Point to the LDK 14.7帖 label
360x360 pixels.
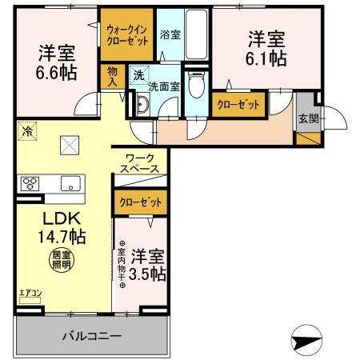pyautogui.click(x=52, y=227)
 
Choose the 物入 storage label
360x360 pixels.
pyautogui.click(x=113, y=76)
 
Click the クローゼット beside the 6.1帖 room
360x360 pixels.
pyautogui.click(x=238, y=104)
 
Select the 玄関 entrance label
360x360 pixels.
pyautogui.click(x=307, y=119)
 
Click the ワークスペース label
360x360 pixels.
pyautogui.click(x=139, y=164)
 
